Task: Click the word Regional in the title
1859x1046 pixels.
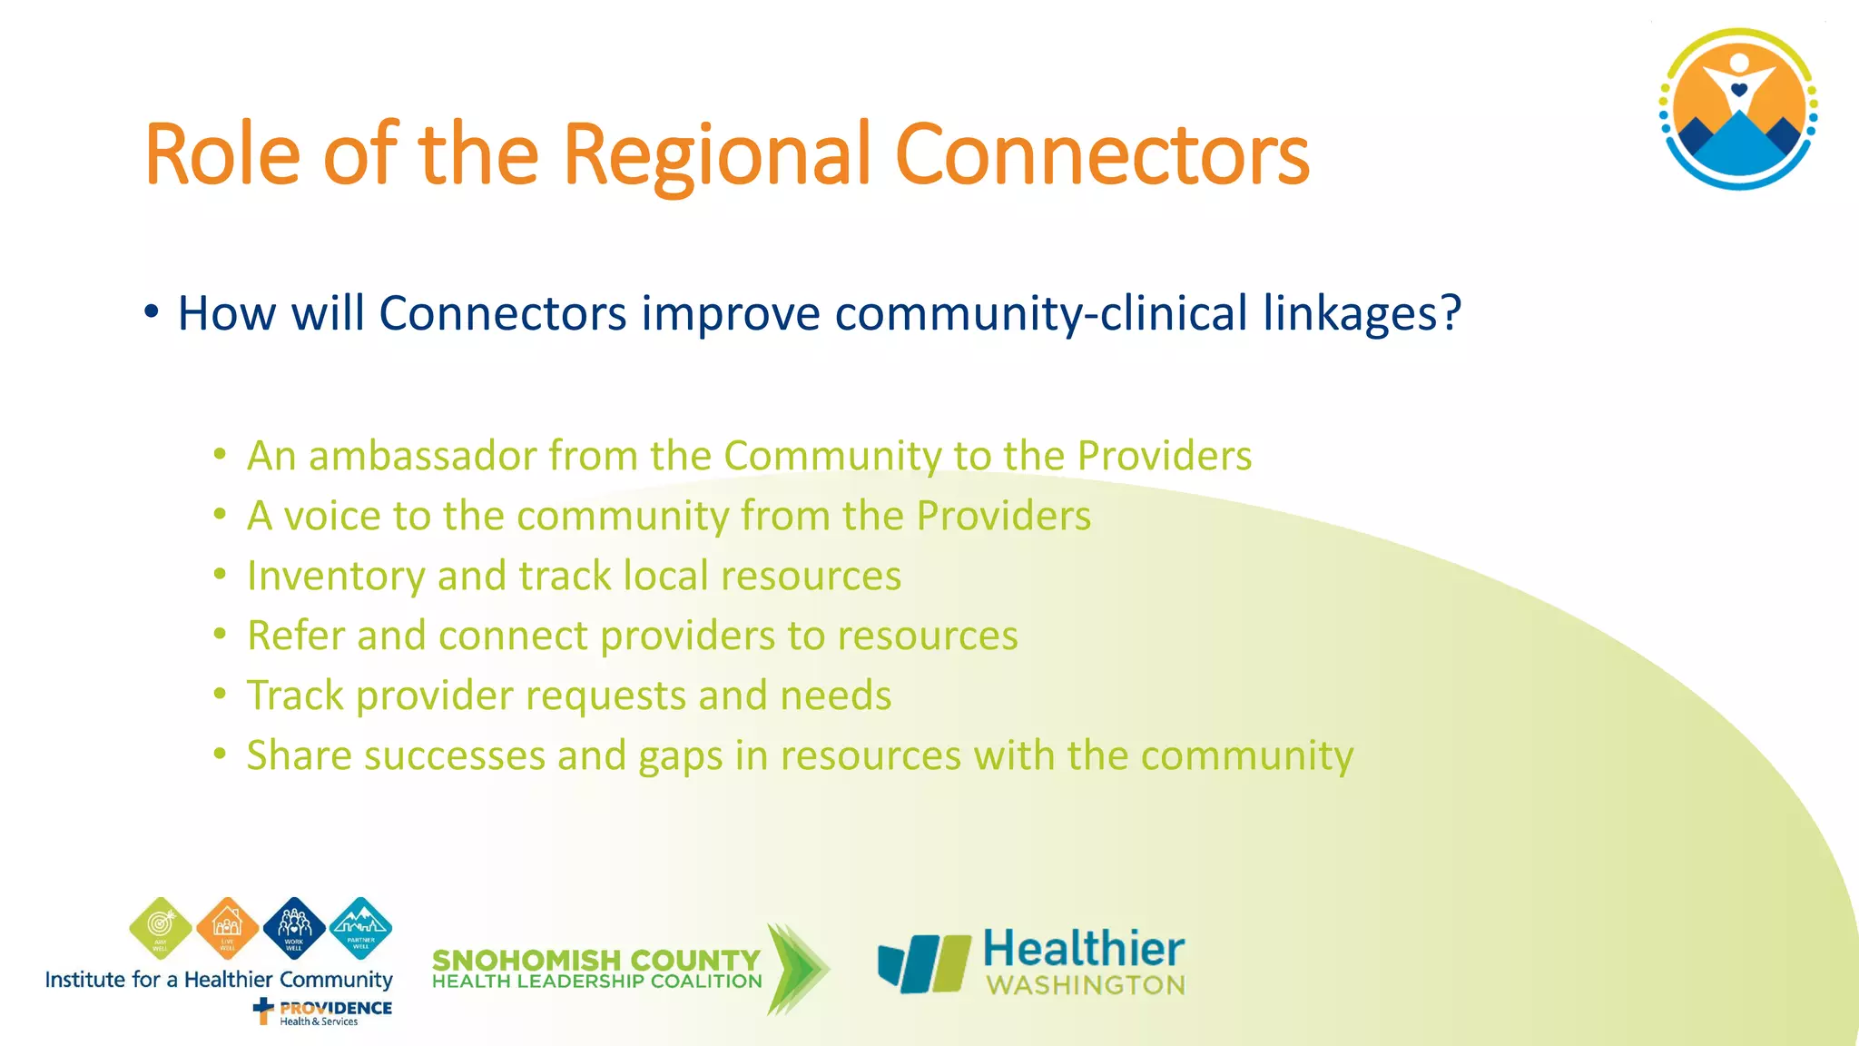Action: pos(717,156)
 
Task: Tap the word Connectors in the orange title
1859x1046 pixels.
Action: pos(1102,156)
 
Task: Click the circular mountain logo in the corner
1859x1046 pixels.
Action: pos(1738,109)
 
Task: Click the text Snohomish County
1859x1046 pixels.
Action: pos(595,960)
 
